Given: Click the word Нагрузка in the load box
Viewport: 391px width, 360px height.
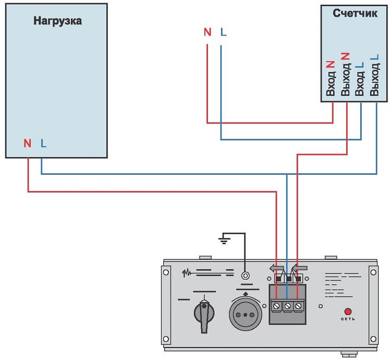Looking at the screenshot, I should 58,21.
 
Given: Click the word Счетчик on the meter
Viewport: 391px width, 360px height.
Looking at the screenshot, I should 355,13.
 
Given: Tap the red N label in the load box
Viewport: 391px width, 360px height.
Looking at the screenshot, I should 27,142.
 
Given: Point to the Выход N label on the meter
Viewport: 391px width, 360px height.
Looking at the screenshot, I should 345,75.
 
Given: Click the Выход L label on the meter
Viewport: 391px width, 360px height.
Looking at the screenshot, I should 373,75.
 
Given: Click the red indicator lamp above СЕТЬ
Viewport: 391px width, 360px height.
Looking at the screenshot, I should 348,311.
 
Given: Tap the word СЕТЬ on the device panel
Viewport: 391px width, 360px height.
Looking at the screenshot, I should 348,319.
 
